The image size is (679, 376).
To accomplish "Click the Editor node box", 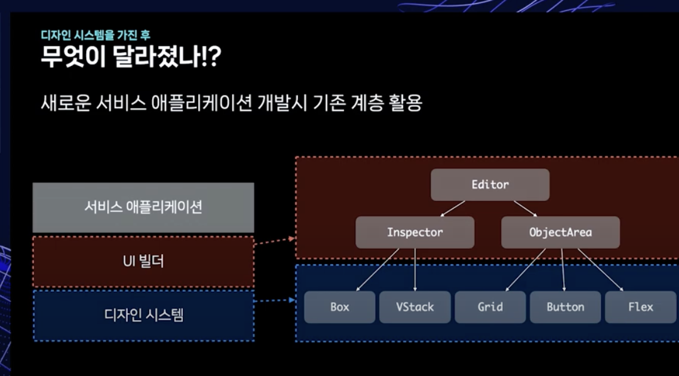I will (x=490, y=185).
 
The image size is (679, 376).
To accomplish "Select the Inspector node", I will (x=415, y=232).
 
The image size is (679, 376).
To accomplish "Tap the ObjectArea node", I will (x=560, y=232).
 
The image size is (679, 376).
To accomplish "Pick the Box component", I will (x=339, y=307).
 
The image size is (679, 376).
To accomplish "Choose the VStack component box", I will (x=415, y=307).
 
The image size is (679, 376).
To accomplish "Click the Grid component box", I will (x=490, y=307).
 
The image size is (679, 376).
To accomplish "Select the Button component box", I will (x=565, y=307).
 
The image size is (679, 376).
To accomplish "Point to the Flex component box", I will (x=641, y=307).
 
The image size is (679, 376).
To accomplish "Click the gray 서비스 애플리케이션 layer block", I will (x=143, y=207).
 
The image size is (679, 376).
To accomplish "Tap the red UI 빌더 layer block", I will (x=143, y=262).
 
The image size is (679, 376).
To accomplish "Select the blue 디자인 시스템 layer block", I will (x=143, y=315).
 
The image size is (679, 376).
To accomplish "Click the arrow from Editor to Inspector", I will (x=453, y=208).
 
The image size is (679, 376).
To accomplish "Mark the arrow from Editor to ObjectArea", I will (x=526, y=208).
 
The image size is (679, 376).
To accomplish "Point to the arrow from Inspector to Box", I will (x=377, y=269).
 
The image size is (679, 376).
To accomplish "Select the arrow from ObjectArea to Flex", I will (x=600, y=269).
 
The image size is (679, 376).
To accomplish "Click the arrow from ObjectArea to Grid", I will (x=527, y=269).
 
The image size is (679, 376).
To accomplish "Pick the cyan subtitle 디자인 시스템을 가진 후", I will (x=95, y=35).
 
